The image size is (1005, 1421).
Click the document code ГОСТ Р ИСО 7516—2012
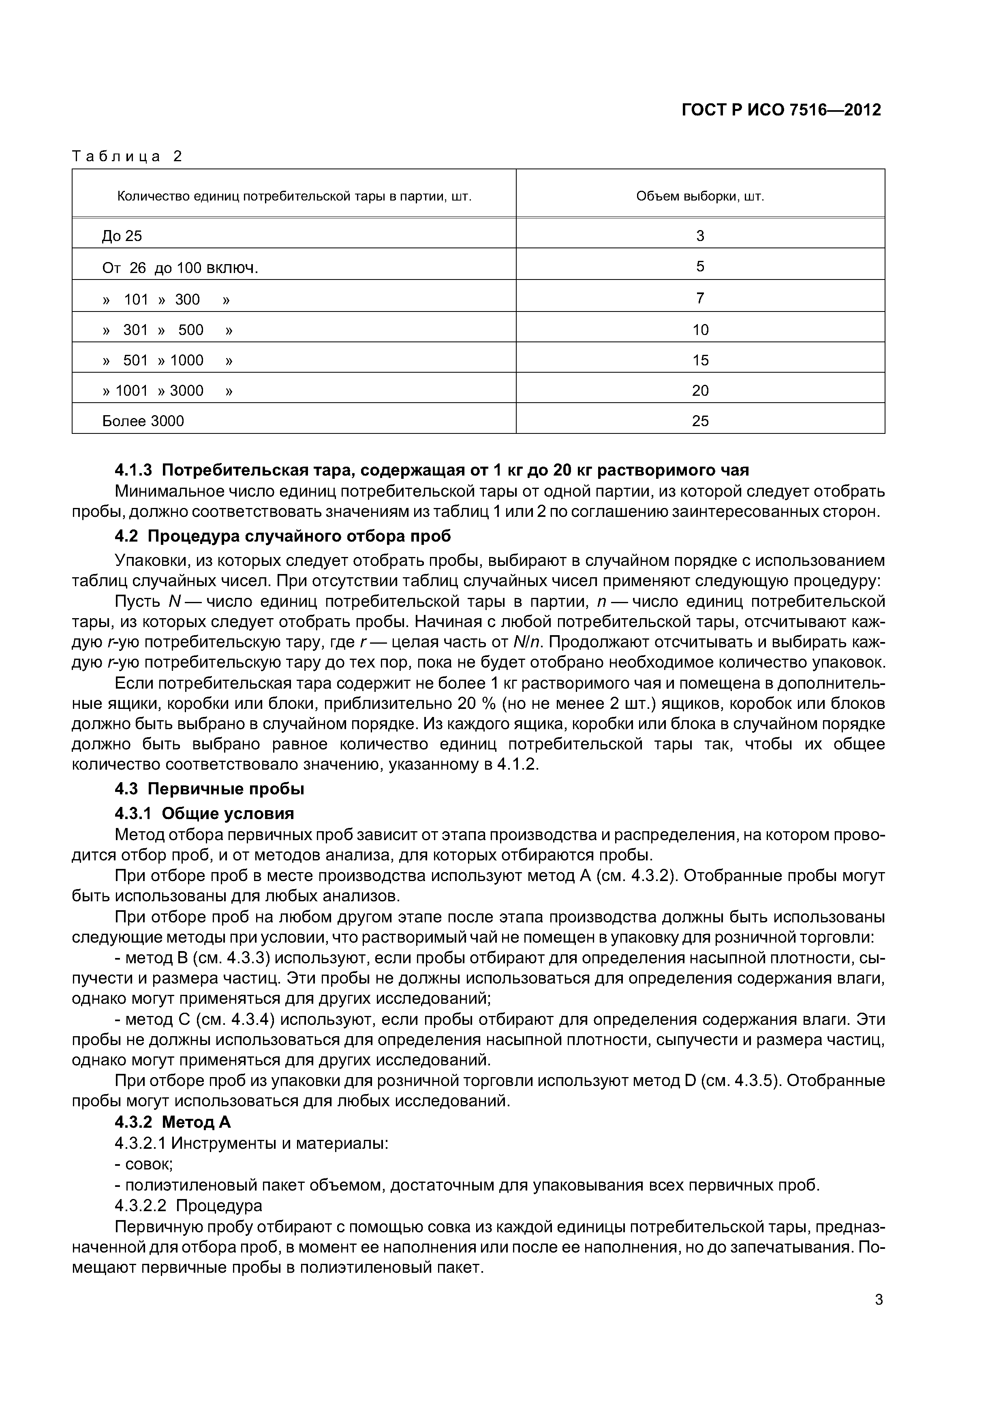(x=781, y=110)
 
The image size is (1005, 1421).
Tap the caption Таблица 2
(x=128, y=157)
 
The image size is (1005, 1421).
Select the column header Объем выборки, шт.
(x=700, y=197)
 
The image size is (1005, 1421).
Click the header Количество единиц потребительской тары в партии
(x=294, y=197)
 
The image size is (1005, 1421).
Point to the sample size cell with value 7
(x=700, y=298)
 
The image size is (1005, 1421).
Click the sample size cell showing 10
(x=700, y=330)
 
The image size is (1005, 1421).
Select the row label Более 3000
(x=143, y=421)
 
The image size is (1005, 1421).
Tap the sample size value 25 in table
(x=700, y=421)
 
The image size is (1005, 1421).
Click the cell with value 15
(x=700, y=360)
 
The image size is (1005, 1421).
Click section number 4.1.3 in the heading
(x=133, y=470)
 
